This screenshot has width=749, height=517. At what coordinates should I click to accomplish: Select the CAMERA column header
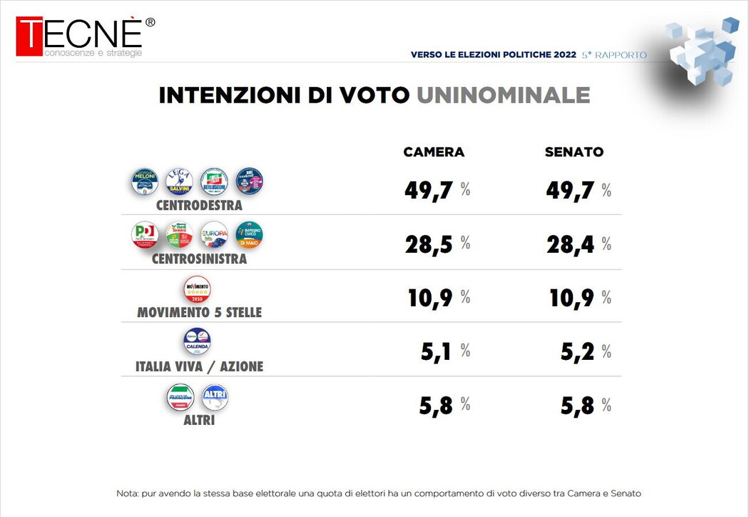coord(434,152)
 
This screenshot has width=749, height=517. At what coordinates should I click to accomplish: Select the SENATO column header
coord(574,152)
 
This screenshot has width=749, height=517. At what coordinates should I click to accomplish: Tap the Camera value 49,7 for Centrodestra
coord(429,190)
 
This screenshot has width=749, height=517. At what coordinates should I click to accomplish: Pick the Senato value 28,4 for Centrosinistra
coord(570,244)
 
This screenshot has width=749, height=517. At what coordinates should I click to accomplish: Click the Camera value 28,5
coord(429,244)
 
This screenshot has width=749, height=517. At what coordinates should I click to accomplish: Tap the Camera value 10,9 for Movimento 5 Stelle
coord(429,298)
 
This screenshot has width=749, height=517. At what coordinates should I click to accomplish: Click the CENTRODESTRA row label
coord(199,206)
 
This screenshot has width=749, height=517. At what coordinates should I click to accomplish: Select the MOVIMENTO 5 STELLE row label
coord(199,313)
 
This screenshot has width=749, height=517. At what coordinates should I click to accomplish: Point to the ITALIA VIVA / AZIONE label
coord(199,366)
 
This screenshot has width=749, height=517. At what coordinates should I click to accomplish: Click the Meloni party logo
coord(145,181)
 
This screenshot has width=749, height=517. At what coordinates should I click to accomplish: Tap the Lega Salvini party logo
coord(179,181)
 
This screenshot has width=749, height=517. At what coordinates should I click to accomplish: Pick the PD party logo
coord(145,235)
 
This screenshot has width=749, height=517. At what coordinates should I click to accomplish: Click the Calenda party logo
coord(197,341)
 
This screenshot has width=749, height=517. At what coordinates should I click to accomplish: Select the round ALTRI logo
coord(215,397)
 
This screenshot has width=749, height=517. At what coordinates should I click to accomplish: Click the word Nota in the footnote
coord(128,493)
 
